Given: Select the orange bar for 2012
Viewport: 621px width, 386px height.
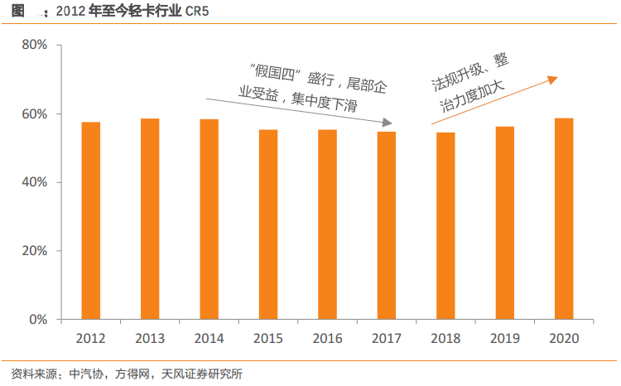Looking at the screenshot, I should (91, 220).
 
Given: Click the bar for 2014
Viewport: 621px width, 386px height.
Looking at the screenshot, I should (209, 219).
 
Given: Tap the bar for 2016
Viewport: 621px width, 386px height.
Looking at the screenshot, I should (327, 224).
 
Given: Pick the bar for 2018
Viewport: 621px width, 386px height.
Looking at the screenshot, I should (445, 225).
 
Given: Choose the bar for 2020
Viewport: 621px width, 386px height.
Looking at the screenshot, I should (564, 219).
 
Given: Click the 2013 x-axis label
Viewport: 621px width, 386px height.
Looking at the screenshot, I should (150, 339).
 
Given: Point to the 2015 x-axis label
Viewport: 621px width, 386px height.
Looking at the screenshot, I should (268, 339).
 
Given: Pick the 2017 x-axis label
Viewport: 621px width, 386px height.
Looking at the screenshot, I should (387, 339).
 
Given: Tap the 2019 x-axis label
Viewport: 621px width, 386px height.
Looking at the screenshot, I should (504, 339).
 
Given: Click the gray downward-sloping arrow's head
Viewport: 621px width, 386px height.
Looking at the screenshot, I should (388, 124).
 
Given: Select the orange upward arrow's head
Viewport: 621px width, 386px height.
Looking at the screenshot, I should (553, 80).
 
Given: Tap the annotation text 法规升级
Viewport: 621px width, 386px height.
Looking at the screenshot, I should (459, 76).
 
